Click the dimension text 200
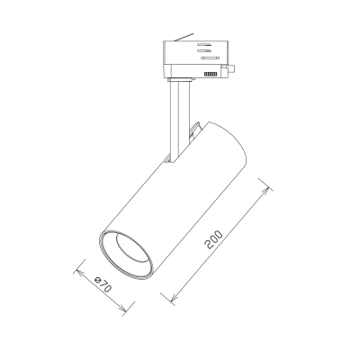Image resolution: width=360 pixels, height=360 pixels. point(213,239)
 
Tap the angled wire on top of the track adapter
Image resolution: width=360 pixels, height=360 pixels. point(184,38)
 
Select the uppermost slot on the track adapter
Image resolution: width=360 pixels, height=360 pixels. point(205,45)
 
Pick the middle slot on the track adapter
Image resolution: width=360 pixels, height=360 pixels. point(204,50)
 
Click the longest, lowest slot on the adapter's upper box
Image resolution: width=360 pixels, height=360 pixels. point(211,58)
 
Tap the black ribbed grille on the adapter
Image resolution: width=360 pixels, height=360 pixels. point(211,74)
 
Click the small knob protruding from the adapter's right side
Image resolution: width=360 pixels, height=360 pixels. point(231,69)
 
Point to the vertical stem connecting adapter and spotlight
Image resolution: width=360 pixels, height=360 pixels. point(179,120)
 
